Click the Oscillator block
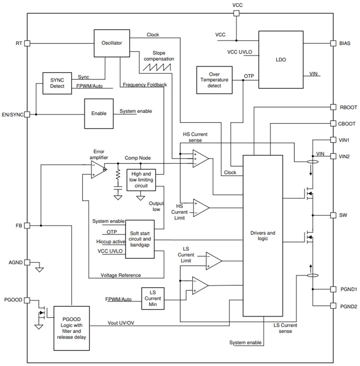111,43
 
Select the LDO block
281,60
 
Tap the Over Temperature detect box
214,80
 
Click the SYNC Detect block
57,83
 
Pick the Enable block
99,113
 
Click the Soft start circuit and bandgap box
140,239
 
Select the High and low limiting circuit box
141,180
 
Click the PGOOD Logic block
72,328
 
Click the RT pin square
27,43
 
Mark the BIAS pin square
333,43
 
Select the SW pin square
333,215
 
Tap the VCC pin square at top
236,13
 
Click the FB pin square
27,225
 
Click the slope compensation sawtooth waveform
157,67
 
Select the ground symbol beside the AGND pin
39,269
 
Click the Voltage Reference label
120,275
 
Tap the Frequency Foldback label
145,85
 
